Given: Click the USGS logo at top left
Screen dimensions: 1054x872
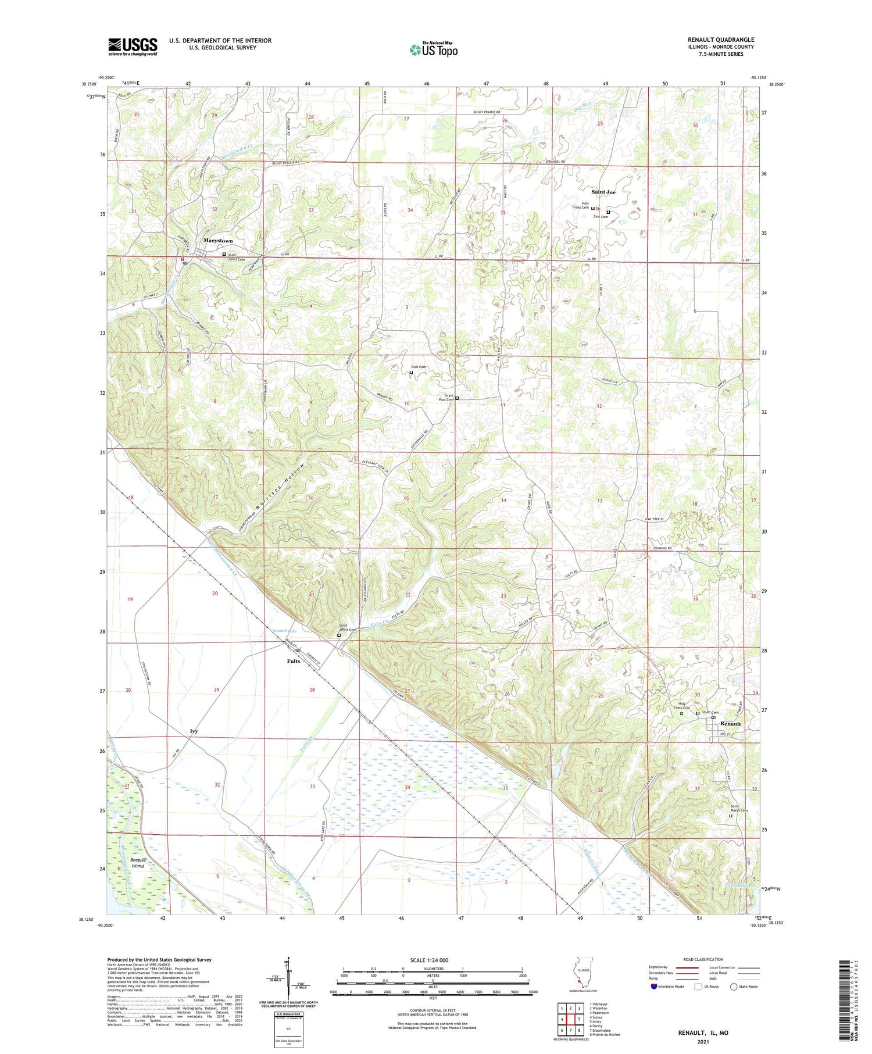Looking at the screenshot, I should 133,47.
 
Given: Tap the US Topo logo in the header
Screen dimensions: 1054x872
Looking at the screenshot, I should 433,49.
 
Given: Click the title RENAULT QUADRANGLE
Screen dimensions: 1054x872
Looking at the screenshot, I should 721,40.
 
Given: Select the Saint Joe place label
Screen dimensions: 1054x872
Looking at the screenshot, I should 603,191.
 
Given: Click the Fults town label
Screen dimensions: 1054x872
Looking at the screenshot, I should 294,661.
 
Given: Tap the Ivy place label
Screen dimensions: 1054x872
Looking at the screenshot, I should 194,731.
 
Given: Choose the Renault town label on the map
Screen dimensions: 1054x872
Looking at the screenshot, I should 731,724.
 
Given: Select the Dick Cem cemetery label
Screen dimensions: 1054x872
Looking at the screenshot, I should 419,367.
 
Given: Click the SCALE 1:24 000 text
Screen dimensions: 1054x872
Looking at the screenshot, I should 433,960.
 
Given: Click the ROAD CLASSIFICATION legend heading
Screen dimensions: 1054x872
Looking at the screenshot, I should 703,959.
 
